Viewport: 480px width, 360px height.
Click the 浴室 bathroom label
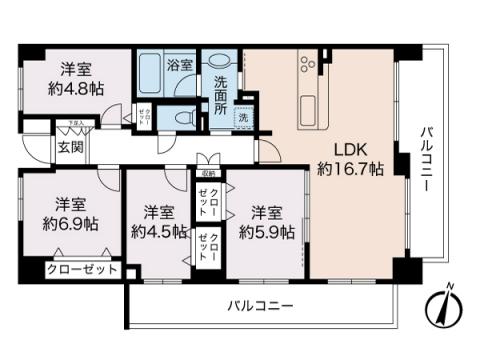(180, 65)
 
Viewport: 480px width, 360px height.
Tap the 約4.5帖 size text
(158, 231)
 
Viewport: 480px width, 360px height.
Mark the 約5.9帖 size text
(266, 231)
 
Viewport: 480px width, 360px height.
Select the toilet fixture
(184, 117)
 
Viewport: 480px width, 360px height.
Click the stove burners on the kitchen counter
(307, 66)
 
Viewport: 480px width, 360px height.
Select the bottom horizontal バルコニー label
(260, 304)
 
